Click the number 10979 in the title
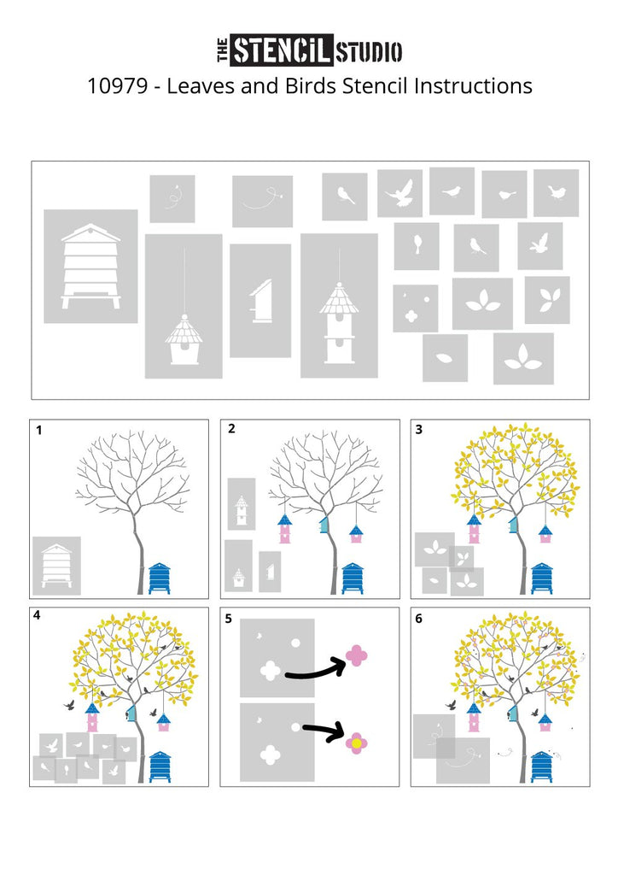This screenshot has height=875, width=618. pos(117,86)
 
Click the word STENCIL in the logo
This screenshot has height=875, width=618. pos(282,50)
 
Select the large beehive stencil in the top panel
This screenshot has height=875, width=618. pos(90,267)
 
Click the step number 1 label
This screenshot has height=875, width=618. pos(38,431)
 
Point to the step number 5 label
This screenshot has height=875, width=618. pos(229,619)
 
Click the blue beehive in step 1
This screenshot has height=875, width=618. pos(160,578)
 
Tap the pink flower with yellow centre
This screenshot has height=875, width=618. pos(356,743)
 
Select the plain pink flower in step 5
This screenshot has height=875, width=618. pos(357,655)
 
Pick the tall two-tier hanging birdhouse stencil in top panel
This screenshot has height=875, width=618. pos(339,306)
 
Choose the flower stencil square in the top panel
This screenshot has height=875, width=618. pos(415,308)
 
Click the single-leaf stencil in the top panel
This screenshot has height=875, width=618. pos(445,358)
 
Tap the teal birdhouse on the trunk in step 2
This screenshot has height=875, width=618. pos(324,524)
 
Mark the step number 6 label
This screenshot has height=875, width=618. pos(419,619)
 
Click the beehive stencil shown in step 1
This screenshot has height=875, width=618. pos(56,566)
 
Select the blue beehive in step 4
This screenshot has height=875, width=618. pos(160,766)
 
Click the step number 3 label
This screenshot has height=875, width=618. pos(419,429)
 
